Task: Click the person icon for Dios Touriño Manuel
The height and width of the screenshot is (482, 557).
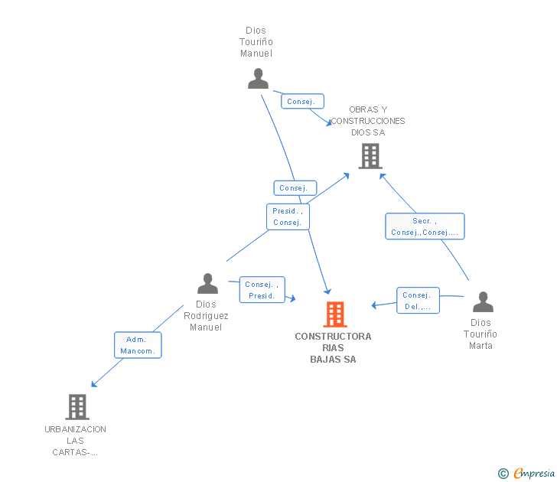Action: point(258,79)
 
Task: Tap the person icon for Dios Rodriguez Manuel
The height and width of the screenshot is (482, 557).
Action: point(207,284)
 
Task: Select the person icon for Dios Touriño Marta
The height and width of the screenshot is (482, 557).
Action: point(482,302)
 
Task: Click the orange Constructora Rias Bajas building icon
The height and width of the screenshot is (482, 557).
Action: point(334,314)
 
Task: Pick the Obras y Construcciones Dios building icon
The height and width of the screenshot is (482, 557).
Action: point(370,156)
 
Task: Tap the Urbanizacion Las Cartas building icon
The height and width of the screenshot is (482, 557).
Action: point(77,407)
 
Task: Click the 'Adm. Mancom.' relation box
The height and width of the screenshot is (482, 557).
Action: point(138,346)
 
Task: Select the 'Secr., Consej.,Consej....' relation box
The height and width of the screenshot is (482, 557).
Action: point(425,226)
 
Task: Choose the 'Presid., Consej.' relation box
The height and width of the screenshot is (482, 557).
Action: point(288,217)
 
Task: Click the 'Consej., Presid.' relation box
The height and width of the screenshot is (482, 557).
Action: point(262,290)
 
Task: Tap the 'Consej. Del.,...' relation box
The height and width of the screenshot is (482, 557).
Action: point(418,301)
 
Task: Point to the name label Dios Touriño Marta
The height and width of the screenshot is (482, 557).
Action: point(480,334)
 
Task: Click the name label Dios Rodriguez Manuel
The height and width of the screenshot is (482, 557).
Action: point(206,316)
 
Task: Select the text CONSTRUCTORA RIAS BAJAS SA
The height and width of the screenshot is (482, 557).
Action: point(333,348)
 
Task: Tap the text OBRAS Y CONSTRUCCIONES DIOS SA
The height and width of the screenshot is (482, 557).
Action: point(368,121)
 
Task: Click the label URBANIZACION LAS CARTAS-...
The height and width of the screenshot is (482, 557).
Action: point(76,441)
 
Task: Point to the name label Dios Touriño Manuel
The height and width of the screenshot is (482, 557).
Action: point(256,42)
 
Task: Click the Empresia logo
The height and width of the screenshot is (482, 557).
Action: point(533,474)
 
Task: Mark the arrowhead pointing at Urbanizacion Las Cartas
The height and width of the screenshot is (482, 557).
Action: point(93,384)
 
